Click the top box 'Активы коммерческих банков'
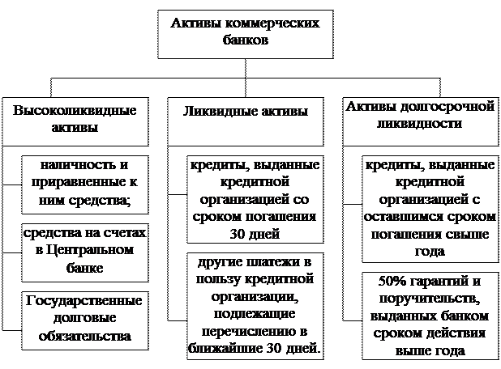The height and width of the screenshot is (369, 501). point(246,34)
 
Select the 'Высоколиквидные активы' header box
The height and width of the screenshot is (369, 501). point(75,121)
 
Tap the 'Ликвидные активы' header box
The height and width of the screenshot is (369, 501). point(246,121)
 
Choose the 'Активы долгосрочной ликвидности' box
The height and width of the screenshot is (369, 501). point(421,121)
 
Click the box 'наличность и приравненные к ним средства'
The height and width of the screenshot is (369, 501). point(85,184)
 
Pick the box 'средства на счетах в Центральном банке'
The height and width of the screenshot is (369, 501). point(85,252)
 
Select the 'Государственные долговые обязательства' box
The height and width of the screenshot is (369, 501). point(85,320)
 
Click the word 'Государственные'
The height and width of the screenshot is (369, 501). point(84,301)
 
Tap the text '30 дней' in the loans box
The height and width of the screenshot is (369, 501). point(255,234)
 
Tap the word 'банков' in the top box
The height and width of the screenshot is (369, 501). point(246,40)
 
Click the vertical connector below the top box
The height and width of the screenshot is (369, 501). point(246,78)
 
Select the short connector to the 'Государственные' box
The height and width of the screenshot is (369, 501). point(12,330)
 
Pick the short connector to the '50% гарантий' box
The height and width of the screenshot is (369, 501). point(353,320)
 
